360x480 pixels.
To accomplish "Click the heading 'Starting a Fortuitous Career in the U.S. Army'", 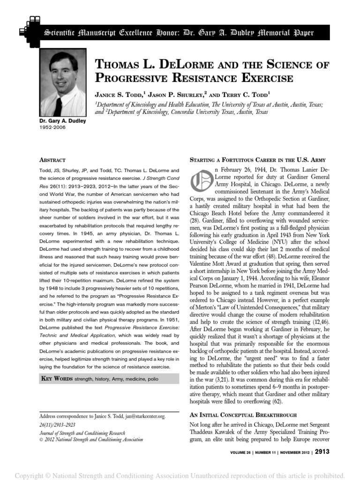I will (x=257, y=160).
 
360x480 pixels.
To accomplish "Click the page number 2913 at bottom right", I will (x=322, y=452).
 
